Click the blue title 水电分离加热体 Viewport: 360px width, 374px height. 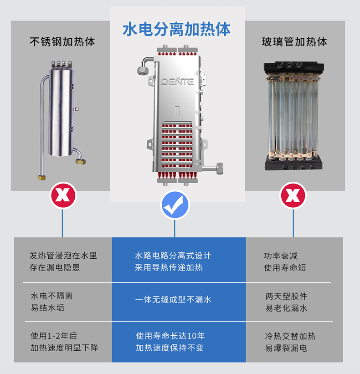click(x=176, y=29)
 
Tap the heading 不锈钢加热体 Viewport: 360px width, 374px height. click(x=62, y=42)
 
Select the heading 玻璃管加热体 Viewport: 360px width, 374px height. click(x=294, y=42)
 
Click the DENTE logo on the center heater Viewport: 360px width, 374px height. click(x=177, y=82)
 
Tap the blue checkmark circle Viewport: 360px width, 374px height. click(x=175, y=205)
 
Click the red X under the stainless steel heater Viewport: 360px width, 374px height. click(x=63, y=195)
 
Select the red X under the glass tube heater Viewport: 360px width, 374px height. click(x=293, y=195)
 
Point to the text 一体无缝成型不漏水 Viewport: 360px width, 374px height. click(x=173, y=300)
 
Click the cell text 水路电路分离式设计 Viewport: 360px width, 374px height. click(x=173, y=256)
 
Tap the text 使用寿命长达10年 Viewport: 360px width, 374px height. click(x=170, y=336)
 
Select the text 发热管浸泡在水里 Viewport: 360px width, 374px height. click(x=63, y=256)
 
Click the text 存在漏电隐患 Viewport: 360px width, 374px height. click(x=55, y=267)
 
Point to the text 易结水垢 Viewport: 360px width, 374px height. click(x=47, y=307)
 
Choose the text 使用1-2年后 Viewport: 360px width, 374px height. click(x=54, y=336)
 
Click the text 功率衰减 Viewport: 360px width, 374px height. click(x=281, y=256)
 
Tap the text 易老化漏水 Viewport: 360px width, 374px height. click(x=286, y=308)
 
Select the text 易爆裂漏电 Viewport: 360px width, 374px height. click(x=286, y=348)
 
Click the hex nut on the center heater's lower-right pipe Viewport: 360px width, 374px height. click(x=219, y=168)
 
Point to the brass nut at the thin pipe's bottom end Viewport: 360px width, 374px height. click(x=42, y=178)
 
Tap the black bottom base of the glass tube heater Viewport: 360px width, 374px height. click(x=293, y=163)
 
